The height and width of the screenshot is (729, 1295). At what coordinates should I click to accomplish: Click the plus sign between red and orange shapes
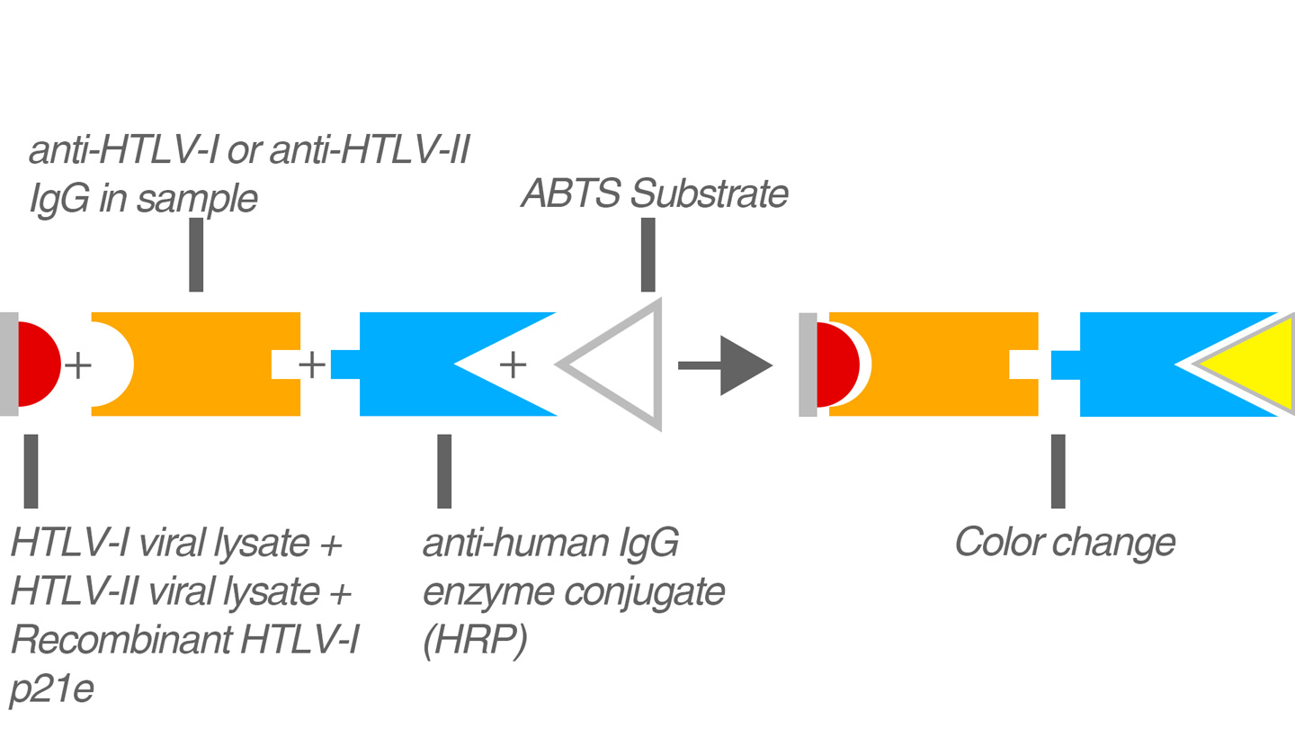pyautogui.click(x=78, y=365)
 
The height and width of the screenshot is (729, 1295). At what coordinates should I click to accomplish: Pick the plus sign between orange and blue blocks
pyautogui.click(x=311, y=364)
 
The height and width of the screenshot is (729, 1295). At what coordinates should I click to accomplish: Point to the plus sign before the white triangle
pyautogui.click(x=512, y=364)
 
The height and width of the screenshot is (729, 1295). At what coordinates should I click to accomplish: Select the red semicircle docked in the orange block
pyautogui.click(x=835, y=364)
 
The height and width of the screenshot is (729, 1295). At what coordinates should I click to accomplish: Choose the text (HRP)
pyautogui.click(x=474, y=642)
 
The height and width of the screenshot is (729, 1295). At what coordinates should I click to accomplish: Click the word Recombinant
pyautogui.click(x=119, y=641)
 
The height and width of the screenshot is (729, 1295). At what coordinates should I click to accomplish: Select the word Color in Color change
pyautogui.click(x=994, y=543)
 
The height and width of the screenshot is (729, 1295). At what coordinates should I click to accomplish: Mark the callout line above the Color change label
pyautogui.click(x=1058, y=471)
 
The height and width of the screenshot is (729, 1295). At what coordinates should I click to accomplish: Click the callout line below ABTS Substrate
pyautogui.click(x=647, y=255)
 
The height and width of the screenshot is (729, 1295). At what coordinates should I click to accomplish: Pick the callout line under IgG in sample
pyautogui.click(x=196, y=255)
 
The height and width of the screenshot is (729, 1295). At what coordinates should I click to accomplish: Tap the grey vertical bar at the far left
pyautogui.click(x=8, y=364)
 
